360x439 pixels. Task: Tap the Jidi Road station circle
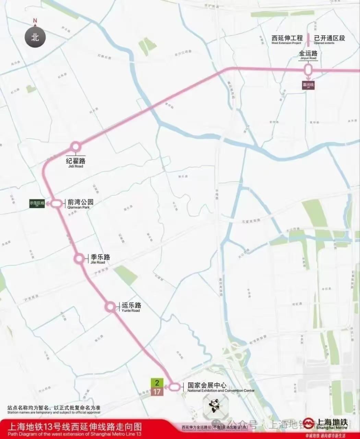pyautogui.click(x=75, y=147)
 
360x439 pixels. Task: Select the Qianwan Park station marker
pyautogui.click(x=58, y=204)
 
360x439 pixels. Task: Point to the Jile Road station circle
pyautogui.click(x=79, y=259)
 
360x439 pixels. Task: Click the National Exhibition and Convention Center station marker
pyautogui.click(x=175, y=387)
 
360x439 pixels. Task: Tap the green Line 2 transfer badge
pyautogui.click(x=157, y=383)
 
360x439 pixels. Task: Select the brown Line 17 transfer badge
pyautogui.click(x=157, y=391)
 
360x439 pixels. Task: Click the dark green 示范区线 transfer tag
pyautogui.click(x=37, y=203)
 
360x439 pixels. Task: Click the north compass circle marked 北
pyautogui.click(x=35, y=37)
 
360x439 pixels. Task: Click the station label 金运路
pyautogui.click(x=308, y=54)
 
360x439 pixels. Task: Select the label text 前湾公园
pyautogui.click(x=81, y=202)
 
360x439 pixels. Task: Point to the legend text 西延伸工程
pyautogui.click(x=287, y=38)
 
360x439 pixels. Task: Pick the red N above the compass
pyautogui.click(x=35, y=21)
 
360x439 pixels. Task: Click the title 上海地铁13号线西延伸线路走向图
pyautogui.click(x=74, y=426)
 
